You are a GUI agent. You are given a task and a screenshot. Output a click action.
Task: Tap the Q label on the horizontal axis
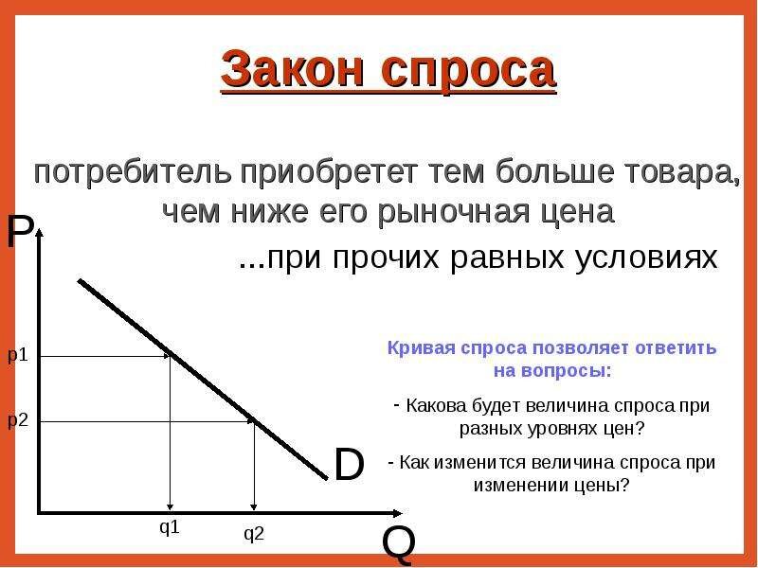pyautogui.click(x=398, y=544)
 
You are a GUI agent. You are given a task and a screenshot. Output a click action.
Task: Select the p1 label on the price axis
pyautogui.click(x=18, y=356)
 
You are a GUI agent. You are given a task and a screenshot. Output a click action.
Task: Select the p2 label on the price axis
pyautogui.click(x=18, y=421)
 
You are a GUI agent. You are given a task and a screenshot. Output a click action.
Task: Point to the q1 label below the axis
pyautogui.click(x=170, y=528)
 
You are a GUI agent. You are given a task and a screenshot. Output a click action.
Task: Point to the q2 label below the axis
pyautogui.click(x=254, y=535)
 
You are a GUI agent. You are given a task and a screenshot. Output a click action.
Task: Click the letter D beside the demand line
pyautogui.click(x=349, y=464)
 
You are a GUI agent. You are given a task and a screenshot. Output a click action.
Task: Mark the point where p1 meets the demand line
pyautogui.click(x=171, y=356)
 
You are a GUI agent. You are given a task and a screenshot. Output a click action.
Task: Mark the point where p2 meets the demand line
pyautogui.click(x=254, y=421)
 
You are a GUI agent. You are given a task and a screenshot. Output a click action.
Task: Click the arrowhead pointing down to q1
pyautogui.click(x=170, y=506)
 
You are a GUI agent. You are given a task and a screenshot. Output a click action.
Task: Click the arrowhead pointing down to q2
pyautogui.click(x=254, y=506)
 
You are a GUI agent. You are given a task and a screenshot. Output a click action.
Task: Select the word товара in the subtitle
pyautogui.click(x=687, y=175)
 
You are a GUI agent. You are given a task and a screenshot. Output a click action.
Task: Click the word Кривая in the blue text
pyautogui.click(x=420, y=347)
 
